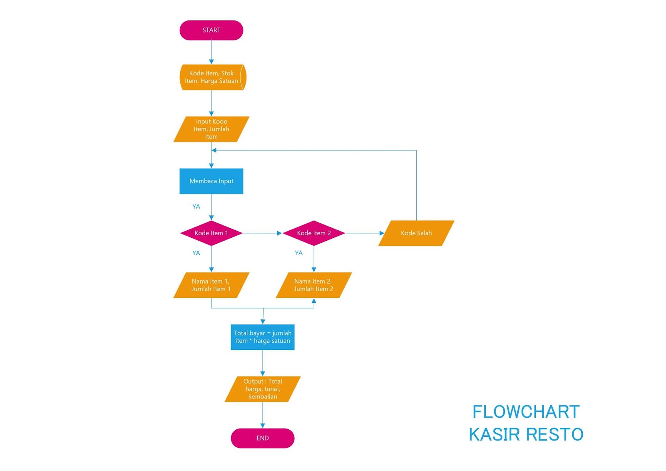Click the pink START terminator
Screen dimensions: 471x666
pos(211,30)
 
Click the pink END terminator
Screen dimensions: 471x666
pos(262,438)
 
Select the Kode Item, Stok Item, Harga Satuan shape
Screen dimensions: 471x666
pos(211,77)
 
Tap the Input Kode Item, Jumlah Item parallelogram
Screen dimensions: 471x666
pos(211,129)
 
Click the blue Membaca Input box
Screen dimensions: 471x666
pos(211,181)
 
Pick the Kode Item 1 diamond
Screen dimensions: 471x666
pos(211,233)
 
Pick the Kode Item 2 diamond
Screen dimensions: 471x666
pos(313,233)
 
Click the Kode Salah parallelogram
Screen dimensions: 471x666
pos(416,233)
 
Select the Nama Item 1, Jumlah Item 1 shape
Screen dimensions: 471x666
pos(211,285)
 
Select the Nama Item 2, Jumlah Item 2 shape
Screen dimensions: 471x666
pos(313,285)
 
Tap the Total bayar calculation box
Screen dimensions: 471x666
pos(262,337)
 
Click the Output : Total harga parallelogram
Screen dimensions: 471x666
pos(262,389)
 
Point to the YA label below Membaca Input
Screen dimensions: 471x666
pos(196,207)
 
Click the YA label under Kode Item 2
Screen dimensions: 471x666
pos(298,253)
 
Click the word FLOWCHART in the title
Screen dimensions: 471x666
pos(526,412)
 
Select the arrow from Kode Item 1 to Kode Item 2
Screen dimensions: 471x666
pos(262,233)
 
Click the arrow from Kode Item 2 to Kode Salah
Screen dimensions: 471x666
pos(364,233)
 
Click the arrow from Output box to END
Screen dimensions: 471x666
pos(262,415)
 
